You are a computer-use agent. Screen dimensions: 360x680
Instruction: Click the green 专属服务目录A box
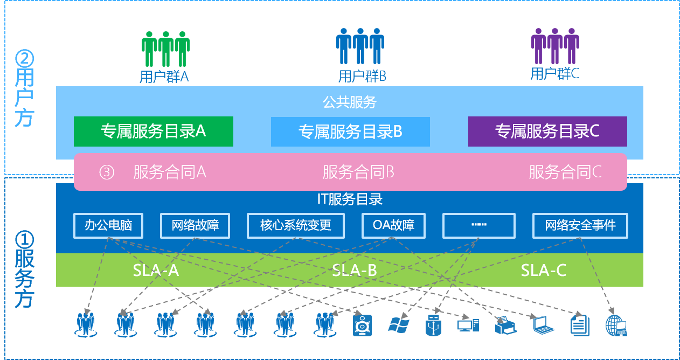pos(153,131)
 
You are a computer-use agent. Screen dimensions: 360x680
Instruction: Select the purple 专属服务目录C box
pos(547,131)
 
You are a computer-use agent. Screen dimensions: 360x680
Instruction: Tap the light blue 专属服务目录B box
pos(350,131)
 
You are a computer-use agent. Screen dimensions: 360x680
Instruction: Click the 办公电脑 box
pos(108,225)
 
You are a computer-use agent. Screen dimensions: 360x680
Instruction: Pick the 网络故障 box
pos(195,225)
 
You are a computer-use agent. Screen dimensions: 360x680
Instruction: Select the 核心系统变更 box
pos(295,225)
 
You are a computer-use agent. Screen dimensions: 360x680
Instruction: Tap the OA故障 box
pos(393,225)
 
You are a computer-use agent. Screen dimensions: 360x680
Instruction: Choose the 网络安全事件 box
pos(580,225)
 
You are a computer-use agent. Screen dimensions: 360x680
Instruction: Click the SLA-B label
pos(354,270)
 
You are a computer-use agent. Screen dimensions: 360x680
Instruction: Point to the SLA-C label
pos(543,270)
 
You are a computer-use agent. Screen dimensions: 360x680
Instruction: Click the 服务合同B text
pos(358,172)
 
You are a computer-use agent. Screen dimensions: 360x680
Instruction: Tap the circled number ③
pos(107,172)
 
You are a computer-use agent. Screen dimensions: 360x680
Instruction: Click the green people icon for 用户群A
pos(166,49)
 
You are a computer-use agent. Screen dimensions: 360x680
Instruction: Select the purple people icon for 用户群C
pos(555,46)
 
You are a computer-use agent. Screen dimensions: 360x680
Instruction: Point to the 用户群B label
pos(362,76)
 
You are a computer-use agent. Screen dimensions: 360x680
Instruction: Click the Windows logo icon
pos(399,324)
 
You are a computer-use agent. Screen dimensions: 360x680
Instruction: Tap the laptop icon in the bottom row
pos(543,324)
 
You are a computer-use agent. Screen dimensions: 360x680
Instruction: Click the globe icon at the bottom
pos(616,325)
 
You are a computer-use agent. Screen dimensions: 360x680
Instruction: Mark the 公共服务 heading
pos(350,102)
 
